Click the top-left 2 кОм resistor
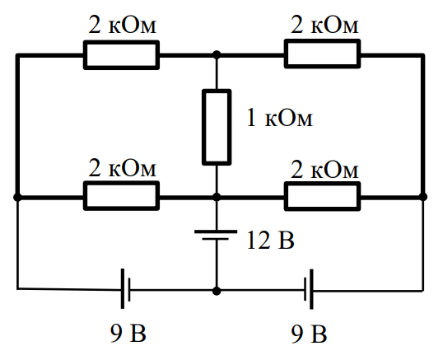tap(122, 55)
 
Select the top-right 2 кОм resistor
tap(322, 54)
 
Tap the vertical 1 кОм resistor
tap(217, 127)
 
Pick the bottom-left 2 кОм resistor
tap(122, 196)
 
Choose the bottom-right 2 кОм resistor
tap(322, 196)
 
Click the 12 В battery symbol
tap(216, 235)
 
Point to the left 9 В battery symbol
tap(126, 288)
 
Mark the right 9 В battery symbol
tap(309, 289)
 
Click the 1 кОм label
tap(280, 118)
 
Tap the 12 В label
tap(270, 240)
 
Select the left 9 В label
tap(128, 333)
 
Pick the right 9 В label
tap(309, 334)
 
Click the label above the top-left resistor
tap(123, 25)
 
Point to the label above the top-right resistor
tap(324, 25)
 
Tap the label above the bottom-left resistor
tap(123, 168)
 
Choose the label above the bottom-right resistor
tap(324, 170)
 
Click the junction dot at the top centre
tap(217, 54)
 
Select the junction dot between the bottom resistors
tap(217, 197)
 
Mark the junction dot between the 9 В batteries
tap(217, 291)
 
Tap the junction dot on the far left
tap(17, 197)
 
